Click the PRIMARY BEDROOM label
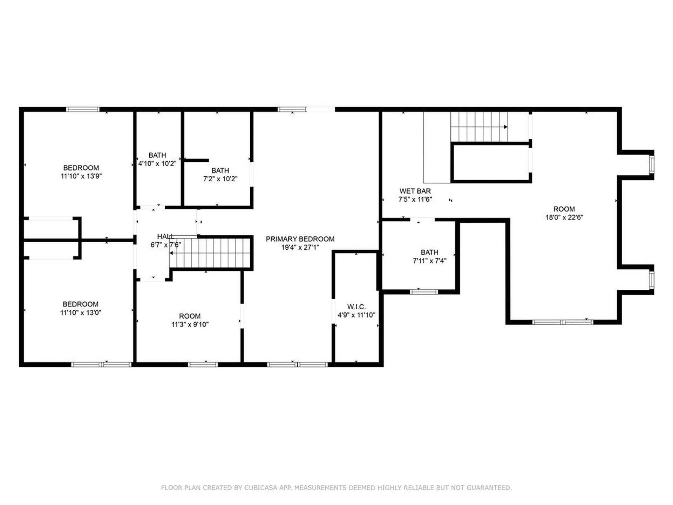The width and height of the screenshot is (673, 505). click(300, 239)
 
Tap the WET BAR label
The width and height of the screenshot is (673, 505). click(415, 191)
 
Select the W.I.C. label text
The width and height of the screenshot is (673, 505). click(356, 307)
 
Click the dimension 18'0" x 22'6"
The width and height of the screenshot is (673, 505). click(564, 217)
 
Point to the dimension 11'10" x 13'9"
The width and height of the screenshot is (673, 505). click(81, 176)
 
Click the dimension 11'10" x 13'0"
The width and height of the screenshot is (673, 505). click(81, 313)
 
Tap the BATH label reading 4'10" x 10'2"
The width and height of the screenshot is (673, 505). click(157, 155)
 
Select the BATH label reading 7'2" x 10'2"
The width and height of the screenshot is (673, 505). click(220, 171)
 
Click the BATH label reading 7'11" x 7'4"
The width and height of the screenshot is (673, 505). click(429, 252)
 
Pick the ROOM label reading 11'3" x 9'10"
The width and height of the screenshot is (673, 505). click(190, 316)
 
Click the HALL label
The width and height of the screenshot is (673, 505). click(165, 237)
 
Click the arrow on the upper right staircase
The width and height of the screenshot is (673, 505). click(505, 127)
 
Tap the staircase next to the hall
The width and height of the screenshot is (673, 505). click(210, 253)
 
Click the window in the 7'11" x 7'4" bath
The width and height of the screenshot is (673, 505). click(424, 292)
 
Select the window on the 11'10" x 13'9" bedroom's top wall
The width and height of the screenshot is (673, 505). click(83, 109)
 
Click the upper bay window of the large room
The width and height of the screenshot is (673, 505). click(651, 165)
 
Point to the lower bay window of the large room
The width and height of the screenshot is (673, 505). click(651, 280)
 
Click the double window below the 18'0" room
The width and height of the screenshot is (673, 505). click(563, 322)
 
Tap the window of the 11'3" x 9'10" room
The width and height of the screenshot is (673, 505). click(203, 365)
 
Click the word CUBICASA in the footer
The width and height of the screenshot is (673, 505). click(260, 488)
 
